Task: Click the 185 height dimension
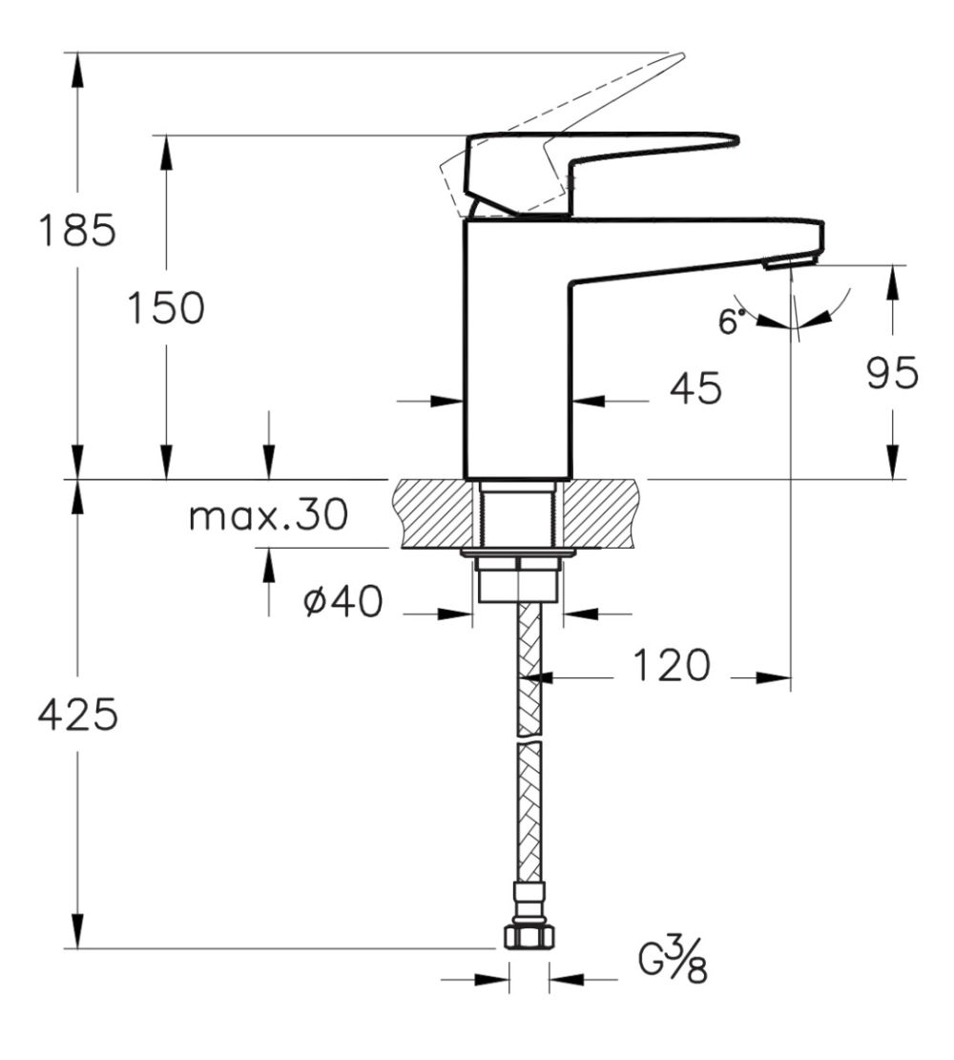pyautogui.click(x=76, y=230)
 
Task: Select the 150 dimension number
pyautogui.click(x=166, y=307)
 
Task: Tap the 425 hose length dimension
pyautogui.click(x=77, y=715)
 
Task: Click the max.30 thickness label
pyautogui.click(x=268, y=516)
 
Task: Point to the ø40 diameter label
pyautogui.click(x=342, y=602)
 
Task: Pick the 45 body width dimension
pyautogui.click(x=695, y=388)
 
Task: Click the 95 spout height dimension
pyautogui.click(x=893, y=374)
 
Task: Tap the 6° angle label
pyautogui.click(x=730, y=322)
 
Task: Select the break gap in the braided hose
pyautogui.click(x=529, y=739)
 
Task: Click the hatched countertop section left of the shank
pyautogui.click(x=433, y=513)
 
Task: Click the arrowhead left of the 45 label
pyautogui.click(x=449, y=402)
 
